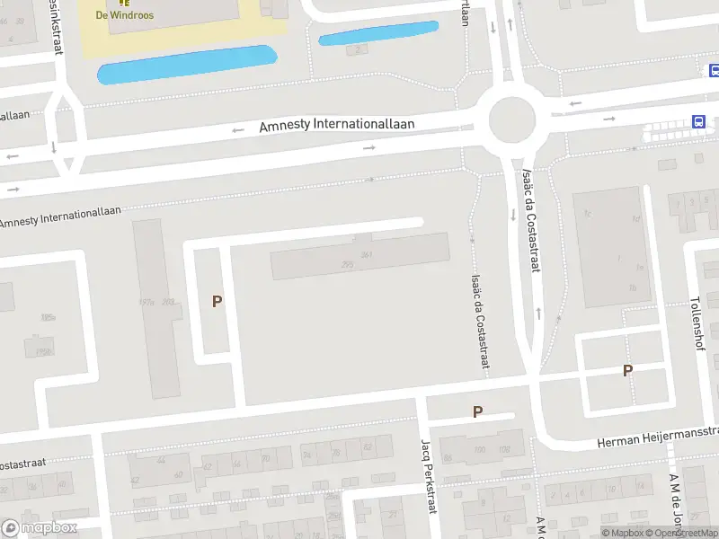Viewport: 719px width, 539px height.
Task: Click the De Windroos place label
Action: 124,15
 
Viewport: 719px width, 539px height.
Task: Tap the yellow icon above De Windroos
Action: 124,3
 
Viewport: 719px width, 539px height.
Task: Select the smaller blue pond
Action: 378,33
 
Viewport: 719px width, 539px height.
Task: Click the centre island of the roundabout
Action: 511,119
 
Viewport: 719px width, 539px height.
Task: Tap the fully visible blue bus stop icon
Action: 697,121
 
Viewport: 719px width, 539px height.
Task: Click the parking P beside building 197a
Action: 217,302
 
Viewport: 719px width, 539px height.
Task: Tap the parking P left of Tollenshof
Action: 627,370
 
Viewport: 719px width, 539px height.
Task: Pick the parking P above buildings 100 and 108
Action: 477,412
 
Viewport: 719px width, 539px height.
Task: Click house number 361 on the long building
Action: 366,255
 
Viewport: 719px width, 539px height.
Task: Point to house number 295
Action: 347,264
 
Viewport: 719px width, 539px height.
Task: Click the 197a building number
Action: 147,302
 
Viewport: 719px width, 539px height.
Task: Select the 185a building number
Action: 48,317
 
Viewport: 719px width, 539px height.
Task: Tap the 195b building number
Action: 42,351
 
